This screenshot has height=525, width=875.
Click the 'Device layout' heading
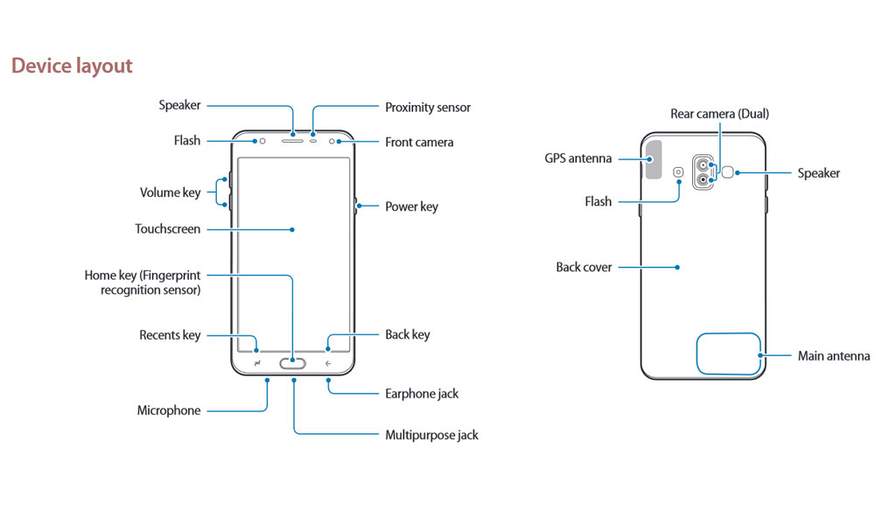[x=72, y=66]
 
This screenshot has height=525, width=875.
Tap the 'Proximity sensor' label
[x=428, y=108]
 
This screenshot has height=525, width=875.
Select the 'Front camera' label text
[x=419, y=142]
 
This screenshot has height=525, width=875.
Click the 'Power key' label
[x=411, y=207]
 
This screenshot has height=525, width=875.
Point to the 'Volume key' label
[x=170, y=192]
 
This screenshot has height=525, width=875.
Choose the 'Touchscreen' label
[x=167, y=229]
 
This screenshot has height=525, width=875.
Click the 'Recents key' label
[x=170, y=335]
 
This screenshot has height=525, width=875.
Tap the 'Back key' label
[x=408, y=335]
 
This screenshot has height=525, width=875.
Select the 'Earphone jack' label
[x=422, y=394]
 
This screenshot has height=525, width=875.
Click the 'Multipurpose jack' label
[x=431, y=435]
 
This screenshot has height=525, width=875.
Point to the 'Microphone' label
[x=169, y=410]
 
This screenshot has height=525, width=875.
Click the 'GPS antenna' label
[x=577, y=159]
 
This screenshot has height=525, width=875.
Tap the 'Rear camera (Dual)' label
[x=719, y=114]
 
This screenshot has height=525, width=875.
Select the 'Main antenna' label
[x=834, y=356]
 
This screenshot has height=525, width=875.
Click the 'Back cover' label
[x=584, y=267]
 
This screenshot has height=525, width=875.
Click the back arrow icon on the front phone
[x=328, y=363]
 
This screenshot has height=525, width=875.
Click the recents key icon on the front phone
[x=257, y=363]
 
